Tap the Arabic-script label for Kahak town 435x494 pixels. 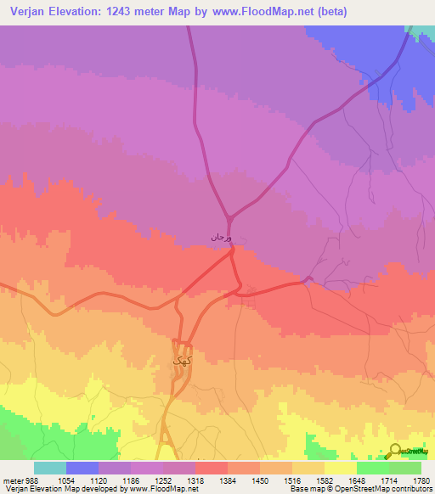(179, 361)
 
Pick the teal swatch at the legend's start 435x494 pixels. (50, 468)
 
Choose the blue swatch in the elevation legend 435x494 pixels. (82, 468)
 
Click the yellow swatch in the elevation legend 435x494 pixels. (341, 468)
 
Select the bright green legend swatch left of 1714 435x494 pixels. (373, 468)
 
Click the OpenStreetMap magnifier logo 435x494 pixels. (397, 452)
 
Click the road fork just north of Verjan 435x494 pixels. (228, 216)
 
